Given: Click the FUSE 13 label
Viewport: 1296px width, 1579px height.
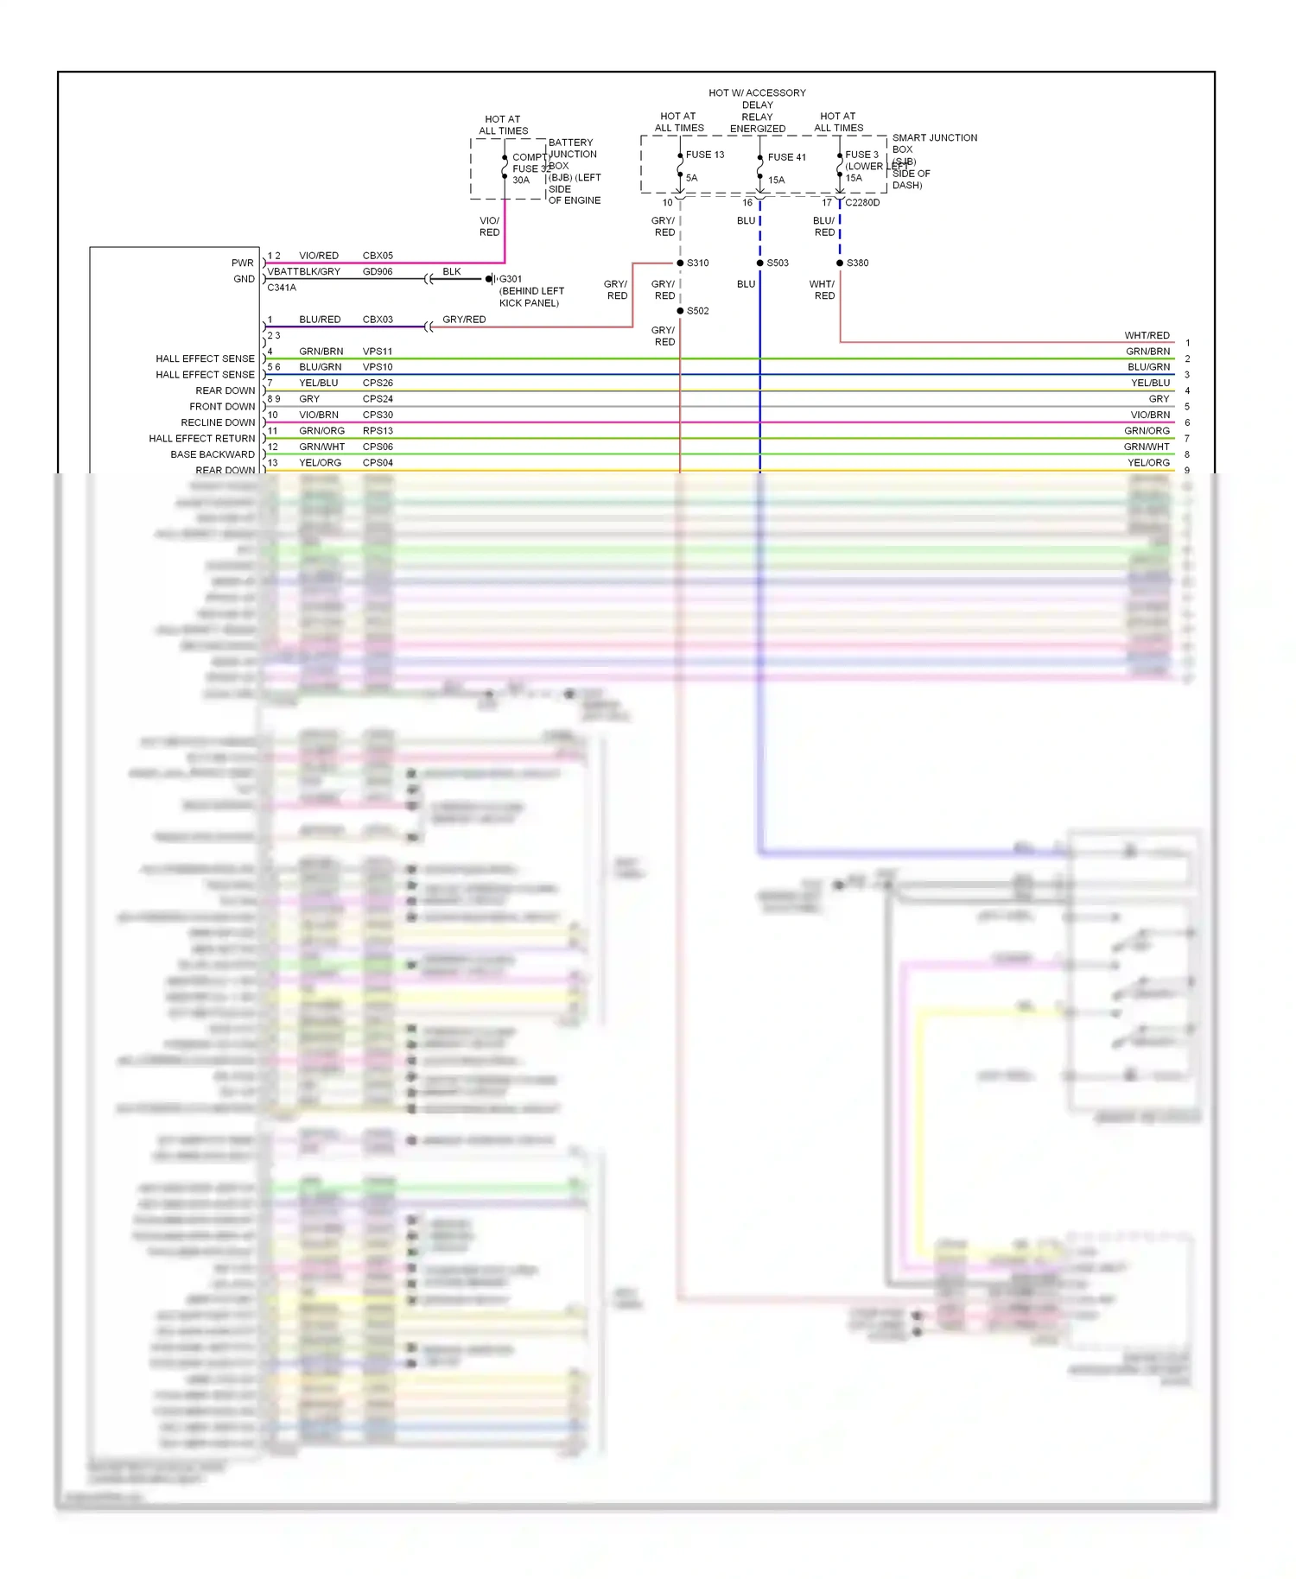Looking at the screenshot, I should tap(705, 155).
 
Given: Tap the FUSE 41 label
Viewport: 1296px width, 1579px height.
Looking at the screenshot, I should tap(786, 157).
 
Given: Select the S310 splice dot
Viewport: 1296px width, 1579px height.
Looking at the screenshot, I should tap(680, 263).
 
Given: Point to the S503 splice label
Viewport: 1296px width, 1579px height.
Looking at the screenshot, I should tap(778, 263).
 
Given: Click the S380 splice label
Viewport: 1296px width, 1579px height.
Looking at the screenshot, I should tap(857, 263).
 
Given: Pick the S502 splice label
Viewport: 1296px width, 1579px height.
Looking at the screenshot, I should tap(697, 311).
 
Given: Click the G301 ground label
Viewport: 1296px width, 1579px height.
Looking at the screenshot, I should tap(511, 279).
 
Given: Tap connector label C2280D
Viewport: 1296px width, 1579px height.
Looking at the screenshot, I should tap(862, 203).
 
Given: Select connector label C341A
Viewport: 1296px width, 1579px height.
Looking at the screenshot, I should tap(282, 288).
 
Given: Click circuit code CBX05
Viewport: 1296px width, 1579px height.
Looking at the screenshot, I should tap(378, 256).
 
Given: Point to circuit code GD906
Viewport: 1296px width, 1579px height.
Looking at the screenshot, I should tap(378, 271).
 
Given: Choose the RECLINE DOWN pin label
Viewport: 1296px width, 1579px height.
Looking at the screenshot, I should tap(218, 422).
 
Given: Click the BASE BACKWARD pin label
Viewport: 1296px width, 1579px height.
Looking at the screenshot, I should tap(213, 454).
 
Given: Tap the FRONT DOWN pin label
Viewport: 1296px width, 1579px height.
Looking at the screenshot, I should tap(222, 407).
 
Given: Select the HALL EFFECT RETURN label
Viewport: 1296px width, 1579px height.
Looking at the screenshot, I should tap(201, 439).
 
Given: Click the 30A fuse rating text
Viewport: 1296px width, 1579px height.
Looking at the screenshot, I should tap(521, 181).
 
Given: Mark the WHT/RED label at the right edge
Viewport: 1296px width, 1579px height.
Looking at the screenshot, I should tap(1147, 335).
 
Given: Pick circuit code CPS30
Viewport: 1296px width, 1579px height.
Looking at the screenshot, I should tap(378, 415).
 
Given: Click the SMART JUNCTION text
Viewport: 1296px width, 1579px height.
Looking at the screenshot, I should tap(934, 137).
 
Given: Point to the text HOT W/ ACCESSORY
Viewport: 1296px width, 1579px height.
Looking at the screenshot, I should tap(757, 92).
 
